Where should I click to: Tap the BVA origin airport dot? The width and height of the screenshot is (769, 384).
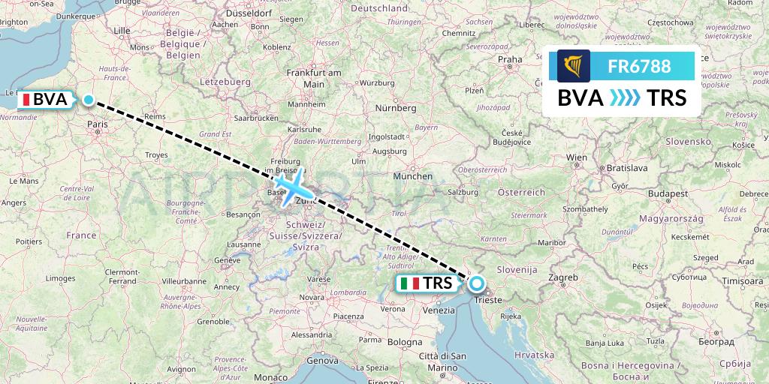coord(89,100)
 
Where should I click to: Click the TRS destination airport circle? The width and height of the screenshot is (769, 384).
coord(477,283)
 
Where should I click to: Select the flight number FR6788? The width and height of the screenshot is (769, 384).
coord(639,66)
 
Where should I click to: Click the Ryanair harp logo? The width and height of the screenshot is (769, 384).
coord(574,66)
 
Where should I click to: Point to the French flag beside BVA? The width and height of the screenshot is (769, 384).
coord(25,100)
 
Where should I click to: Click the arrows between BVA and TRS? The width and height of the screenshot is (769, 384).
coord(624,97)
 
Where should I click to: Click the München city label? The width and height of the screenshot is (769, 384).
coord(413,176)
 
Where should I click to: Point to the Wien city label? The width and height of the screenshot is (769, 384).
coord(577,157)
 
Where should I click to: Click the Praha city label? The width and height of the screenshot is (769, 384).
coord(510,59)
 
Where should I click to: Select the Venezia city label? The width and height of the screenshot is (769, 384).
coord(439,309)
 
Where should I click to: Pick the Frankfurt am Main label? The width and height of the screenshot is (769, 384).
coord(314,78)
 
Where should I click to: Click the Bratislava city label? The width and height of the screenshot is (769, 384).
coord(627,168)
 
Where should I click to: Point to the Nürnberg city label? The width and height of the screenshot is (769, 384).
coord(396,108)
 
